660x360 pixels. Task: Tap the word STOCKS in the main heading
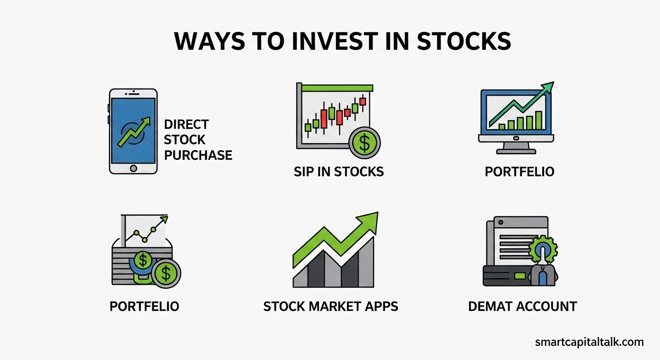[464, 41]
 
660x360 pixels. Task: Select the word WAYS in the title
[210, 41]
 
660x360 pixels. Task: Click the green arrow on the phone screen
[134, 131]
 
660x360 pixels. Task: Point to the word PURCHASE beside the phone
[198, 155]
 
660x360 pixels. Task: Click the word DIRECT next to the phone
[187, 124]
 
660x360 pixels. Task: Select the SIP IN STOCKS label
[339, 172]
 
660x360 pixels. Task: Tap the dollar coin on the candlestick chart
[365, 143]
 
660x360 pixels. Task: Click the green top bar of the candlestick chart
[337, 88]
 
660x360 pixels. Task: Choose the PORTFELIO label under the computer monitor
[519, 172]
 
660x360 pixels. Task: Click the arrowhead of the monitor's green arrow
[548, 87]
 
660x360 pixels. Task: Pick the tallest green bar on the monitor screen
[539, 120]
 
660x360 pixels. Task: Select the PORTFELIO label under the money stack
[144, 307]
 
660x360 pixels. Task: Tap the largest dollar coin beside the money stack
[166, 273]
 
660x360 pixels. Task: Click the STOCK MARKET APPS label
[330, 307]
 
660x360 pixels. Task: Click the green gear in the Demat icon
[543, 250]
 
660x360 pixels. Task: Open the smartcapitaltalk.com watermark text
[589, 342]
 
